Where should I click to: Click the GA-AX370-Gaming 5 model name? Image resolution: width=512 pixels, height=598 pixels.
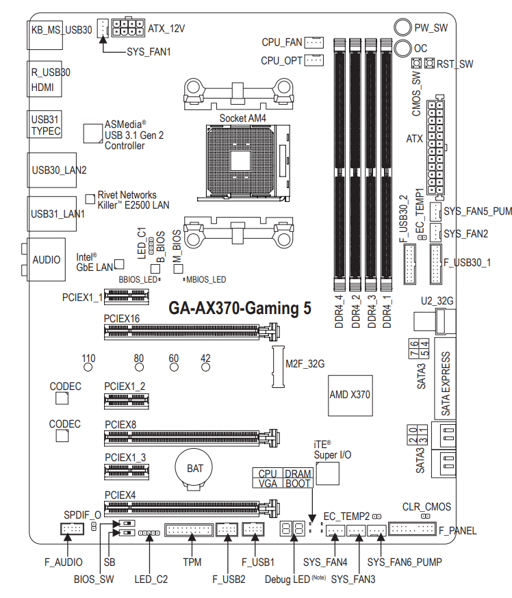coord(240,309)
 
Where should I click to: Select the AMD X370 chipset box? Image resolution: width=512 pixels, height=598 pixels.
coord(350,395)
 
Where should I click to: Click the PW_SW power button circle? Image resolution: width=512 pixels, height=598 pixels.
coord(402,28)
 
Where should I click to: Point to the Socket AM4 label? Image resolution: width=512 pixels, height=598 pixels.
coord(242,118)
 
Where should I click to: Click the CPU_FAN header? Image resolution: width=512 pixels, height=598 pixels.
coord(313,42)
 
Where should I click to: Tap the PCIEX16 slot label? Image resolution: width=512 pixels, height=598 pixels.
coord(122,319)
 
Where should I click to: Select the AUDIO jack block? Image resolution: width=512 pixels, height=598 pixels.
coord(47,260)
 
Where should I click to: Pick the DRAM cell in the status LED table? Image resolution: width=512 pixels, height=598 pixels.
coord(298,473)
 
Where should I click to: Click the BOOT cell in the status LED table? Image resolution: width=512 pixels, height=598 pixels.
coord(298,483)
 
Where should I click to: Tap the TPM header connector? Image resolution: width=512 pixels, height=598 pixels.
coord(189,530)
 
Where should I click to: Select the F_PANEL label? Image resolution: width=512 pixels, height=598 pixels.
coord(457,530)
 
